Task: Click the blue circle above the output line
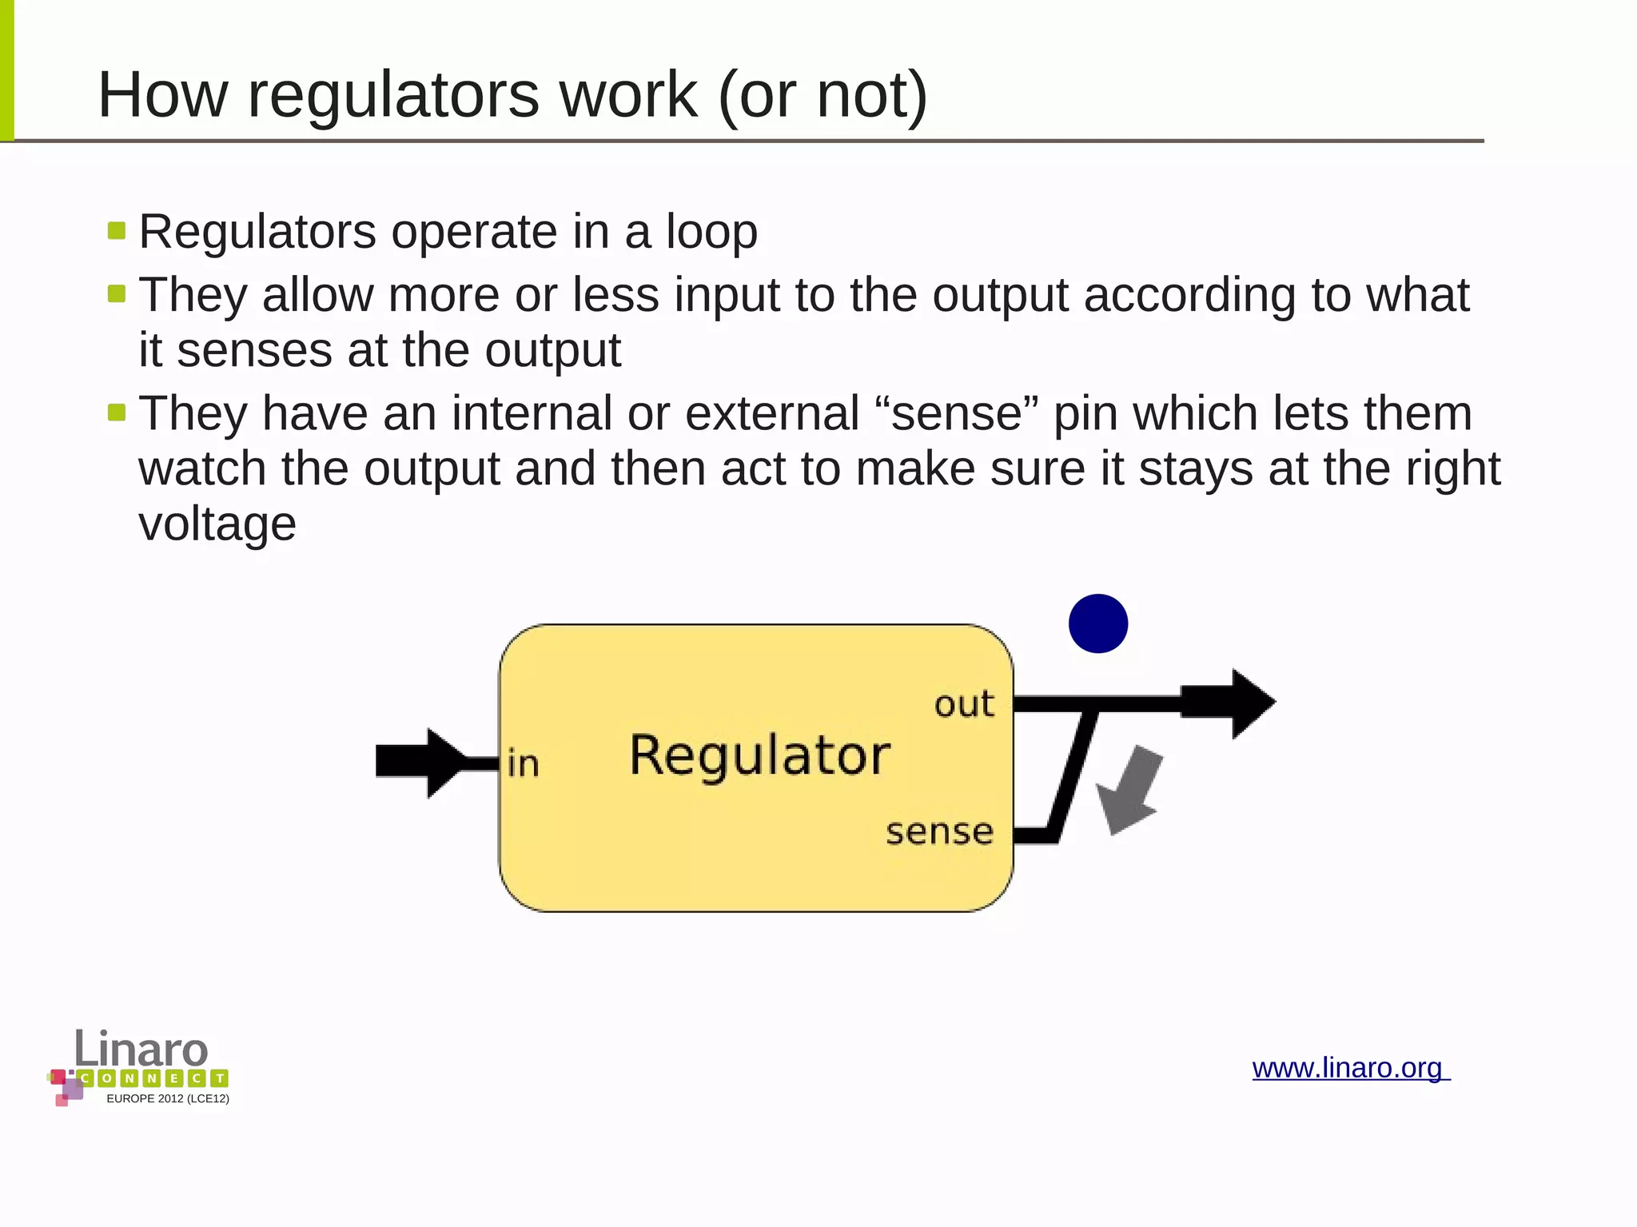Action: tap(1097, 623)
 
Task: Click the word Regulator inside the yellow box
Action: tap(759, 755)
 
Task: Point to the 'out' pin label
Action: tap(964, 704)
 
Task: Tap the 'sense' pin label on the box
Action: tap(939, 832)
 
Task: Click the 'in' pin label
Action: tap(524, 764)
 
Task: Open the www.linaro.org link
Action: tap(1349, 1068)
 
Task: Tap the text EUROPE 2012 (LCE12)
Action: tap(168, 1099)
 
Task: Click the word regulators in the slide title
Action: tap(392, 95)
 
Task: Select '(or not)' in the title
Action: tap(823, 95)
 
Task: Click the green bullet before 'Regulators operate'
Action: tap(117, 231)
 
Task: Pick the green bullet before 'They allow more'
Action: tap(117, 294)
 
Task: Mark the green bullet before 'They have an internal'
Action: tap(117, 412)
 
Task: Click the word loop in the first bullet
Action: tap(711, 232)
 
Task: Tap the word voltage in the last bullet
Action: tap(217, 524)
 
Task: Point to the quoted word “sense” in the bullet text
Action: tap(957, 413)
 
